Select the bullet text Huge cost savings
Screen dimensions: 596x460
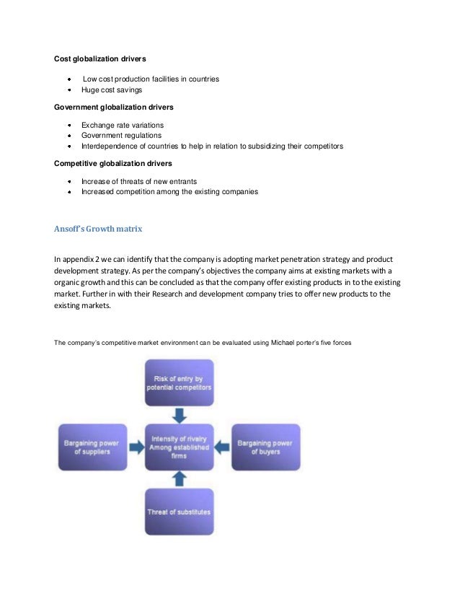112,90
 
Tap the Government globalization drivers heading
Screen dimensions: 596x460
114,108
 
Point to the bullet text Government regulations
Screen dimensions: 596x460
121,135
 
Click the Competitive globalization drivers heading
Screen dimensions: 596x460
114,163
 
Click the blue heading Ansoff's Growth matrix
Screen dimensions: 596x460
99,229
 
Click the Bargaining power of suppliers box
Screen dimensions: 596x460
92,447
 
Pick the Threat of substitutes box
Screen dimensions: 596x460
179,511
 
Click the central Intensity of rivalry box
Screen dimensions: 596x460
179,446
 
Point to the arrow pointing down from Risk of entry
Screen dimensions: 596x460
179,415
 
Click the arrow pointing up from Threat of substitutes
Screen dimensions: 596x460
179,478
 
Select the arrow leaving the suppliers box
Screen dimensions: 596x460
136,447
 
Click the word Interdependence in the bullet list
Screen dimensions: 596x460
105,146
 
